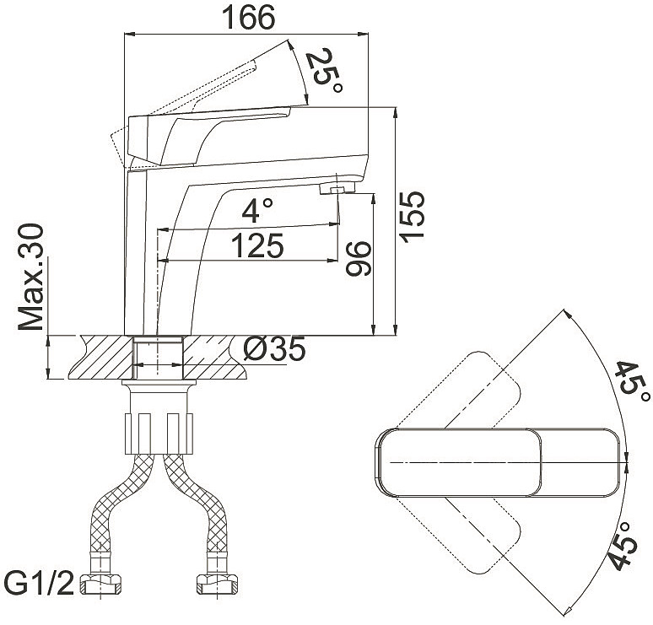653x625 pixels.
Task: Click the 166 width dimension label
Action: click(x=248, y=17)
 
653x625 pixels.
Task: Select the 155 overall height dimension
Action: click(x=412, y=217)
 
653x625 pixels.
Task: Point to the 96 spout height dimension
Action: click(x=359, y=259)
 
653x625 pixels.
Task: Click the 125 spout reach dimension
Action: click(x=257, y=245)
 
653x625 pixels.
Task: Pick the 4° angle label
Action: click(x=257, y=209)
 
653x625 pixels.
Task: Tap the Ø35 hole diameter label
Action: click(x=275, y=348)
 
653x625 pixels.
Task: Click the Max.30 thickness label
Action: click(x=31, y=277)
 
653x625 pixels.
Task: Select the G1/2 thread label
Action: click(x=40, y=584)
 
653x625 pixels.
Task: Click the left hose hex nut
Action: click(x=100, y=584)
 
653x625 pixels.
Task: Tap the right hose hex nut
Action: click(x=217, y=584)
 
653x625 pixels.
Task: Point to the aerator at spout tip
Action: click(x=337, y=188)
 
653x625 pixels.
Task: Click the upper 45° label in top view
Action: click(x=632, y=382)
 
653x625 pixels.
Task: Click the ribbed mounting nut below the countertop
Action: click(x=159, y=434)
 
